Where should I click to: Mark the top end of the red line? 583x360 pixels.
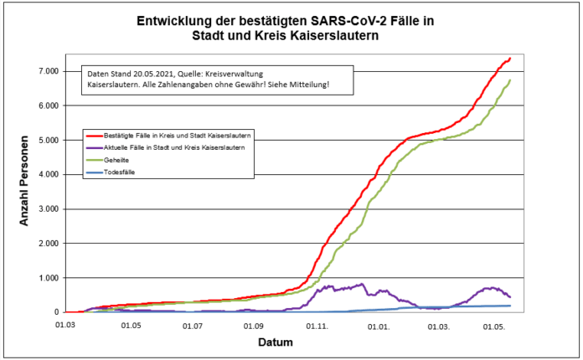(510, 59)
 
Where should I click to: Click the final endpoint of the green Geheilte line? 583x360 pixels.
(510, 80)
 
